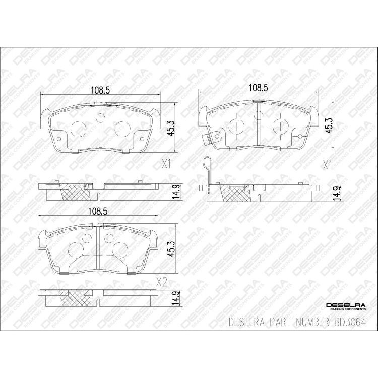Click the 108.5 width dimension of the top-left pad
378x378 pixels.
pos(100,90)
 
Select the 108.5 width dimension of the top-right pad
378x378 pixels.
pos(258,87)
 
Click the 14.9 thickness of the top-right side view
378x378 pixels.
pos(334,193)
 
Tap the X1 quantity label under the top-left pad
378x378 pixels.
pos(167,164)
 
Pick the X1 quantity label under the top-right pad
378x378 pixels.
pos(327,164)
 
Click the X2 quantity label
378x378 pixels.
pos(161,282)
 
